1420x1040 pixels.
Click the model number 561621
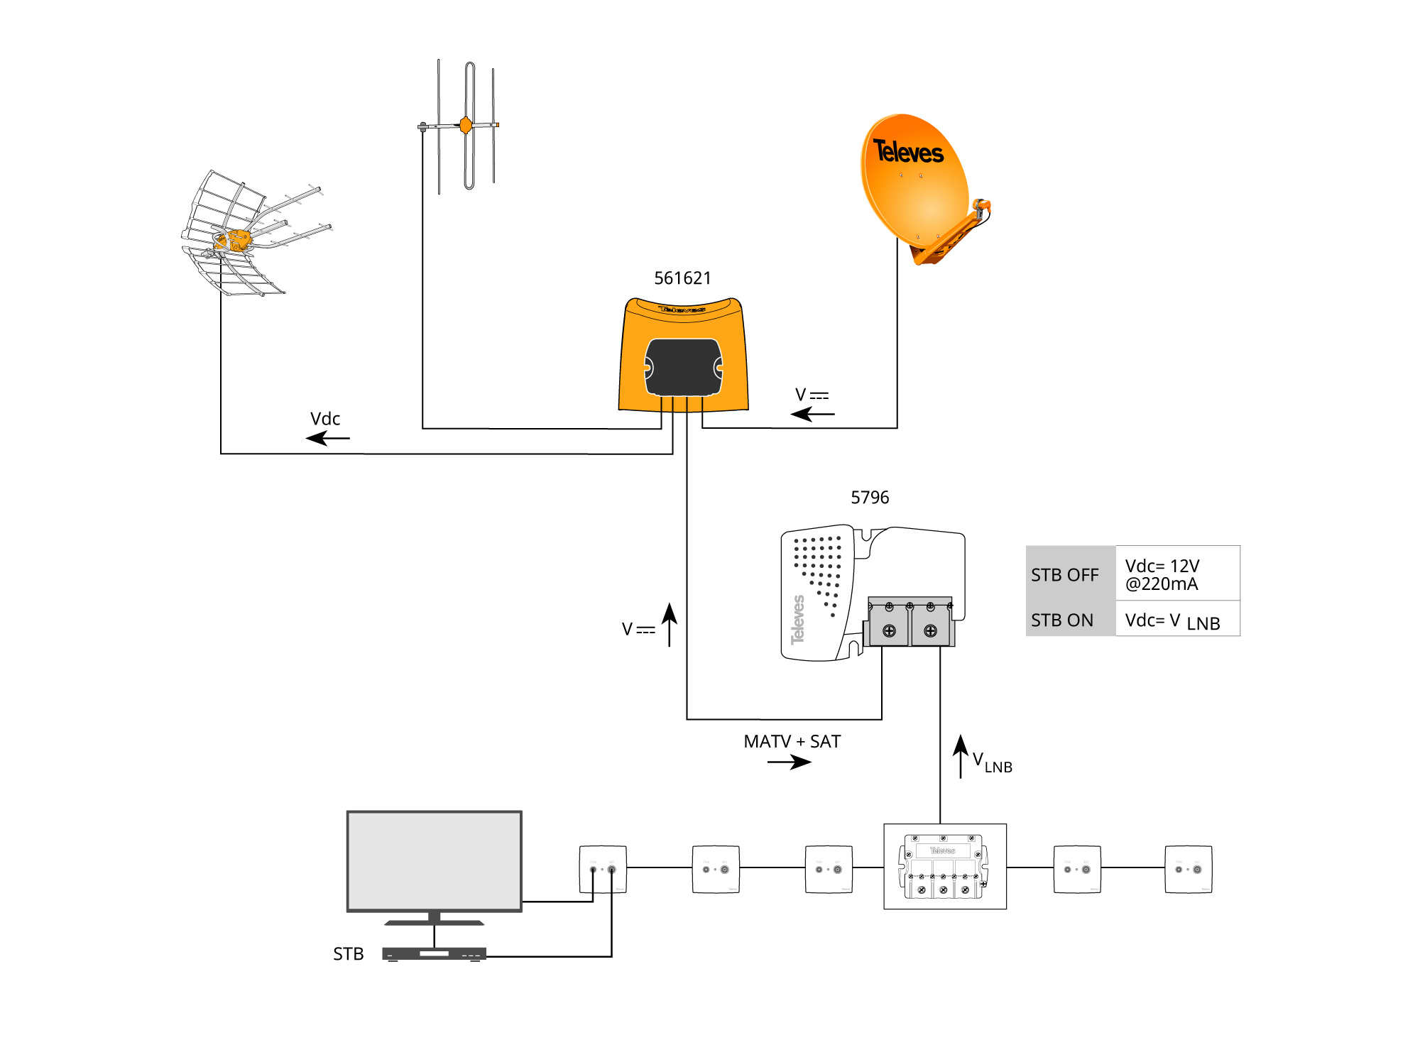click(682, 278)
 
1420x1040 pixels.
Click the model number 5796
click(870, 498)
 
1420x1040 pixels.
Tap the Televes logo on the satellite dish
click(908, 151)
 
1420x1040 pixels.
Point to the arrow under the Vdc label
click(327, 438)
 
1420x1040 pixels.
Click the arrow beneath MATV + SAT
click(789, 762)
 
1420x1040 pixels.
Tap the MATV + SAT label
click(792, 742)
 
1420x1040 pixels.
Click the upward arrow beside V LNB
click(961, 756)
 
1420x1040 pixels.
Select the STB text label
click(349, 954)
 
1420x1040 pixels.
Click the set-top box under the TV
click(434, 954)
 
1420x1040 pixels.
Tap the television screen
click(434, 860)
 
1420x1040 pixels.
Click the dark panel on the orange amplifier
click(683, 367)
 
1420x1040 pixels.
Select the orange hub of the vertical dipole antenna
click(466, 126)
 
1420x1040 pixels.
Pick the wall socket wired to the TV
click(603, 869)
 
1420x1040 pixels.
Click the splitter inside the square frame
click(944, 867)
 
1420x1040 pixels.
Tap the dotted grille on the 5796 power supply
click(819, 568)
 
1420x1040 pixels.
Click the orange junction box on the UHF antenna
click(234, 241)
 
